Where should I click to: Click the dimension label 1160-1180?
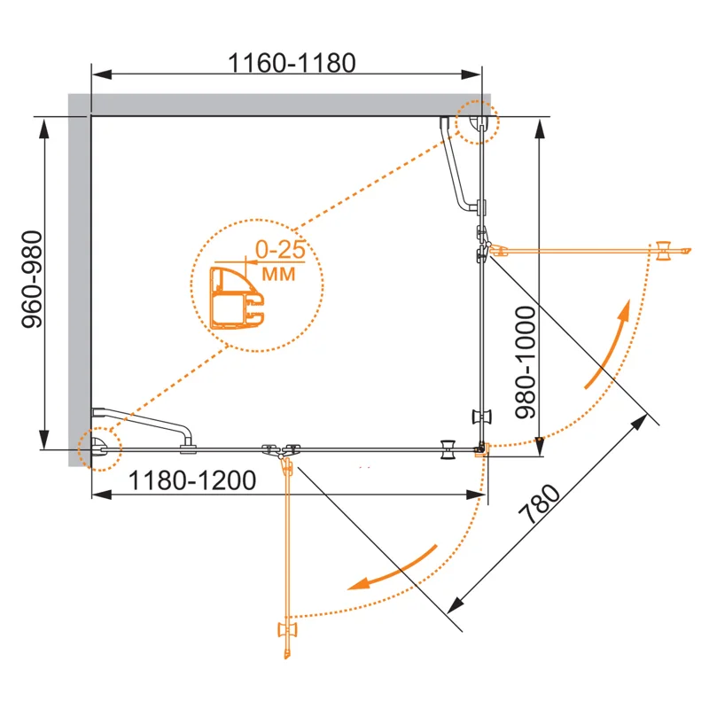click(292, 63)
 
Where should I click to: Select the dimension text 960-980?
click(33, 283)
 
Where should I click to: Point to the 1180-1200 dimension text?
click(193, 481)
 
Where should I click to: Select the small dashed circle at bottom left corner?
click(97, 448)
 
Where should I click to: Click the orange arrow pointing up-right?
click(609, 346)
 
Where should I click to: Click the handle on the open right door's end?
click(664, 251)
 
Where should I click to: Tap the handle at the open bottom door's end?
click(287, 630)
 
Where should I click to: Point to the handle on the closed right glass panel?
click(483, 417)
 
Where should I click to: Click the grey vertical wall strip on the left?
click(79, 275)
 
